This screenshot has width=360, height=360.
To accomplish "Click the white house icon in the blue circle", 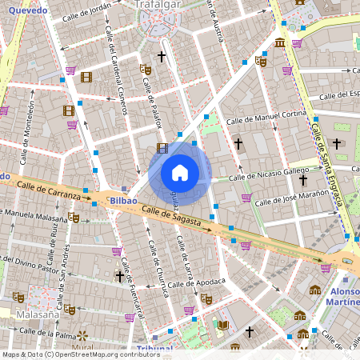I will pyautogui.click(x=180, y=172).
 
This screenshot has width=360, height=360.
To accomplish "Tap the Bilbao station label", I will pyautogui.click(x=124, y=200).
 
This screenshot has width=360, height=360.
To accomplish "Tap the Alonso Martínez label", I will pyautogui.click(x=344, y=298).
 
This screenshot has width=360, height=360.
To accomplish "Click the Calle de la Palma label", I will pyautogui.click(x=50, y=332).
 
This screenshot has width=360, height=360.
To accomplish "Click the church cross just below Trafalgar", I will pyautogui.click(x=161, y=57).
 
